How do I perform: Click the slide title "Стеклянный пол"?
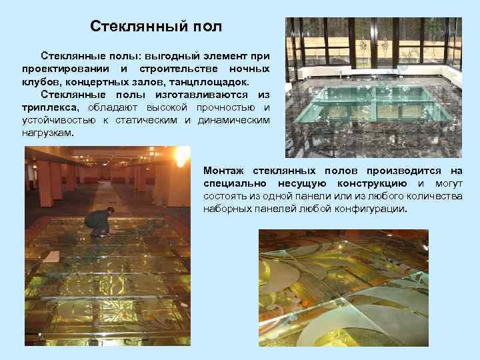(156, 27)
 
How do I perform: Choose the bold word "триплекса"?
(49, 107)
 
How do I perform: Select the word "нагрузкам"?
(47, 133)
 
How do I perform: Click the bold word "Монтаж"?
(225, 171)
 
